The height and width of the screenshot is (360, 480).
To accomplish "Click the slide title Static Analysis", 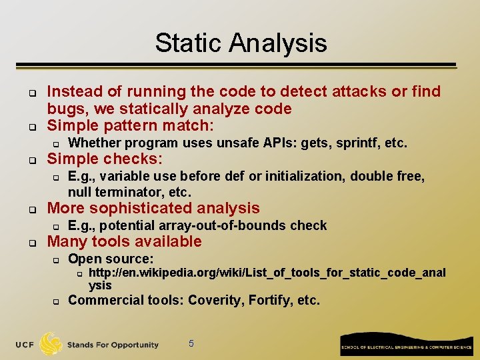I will coord(241,43).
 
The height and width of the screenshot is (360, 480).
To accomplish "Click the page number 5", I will coord(191,343).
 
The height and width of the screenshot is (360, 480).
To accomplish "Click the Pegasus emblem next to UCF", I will coord(51,343).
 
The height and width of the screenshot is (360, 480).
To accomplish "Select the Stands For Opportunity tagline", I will coord(113,345).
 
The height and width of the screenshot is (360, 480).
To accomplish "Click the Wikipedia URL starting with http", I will coord(267,272).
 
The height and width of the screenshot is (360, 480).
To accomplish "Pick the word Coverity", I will coord(215,300).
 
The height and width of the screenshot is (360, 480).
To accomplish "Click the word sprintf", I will coord(363,143).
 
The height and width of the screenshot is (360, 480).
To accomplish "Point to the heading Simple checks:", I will coord(105,159).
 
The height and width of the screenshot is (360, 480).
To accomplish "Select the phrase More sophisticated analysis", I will coord(153,208).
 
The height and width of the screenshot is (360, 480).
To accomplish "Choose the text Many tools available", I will coord(124,241).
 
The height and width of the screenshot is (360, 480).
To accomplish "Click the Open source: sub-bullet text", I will coord(111,258).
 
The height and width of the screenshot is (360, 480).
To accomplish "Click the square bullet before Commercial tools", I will coord(57,301).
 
